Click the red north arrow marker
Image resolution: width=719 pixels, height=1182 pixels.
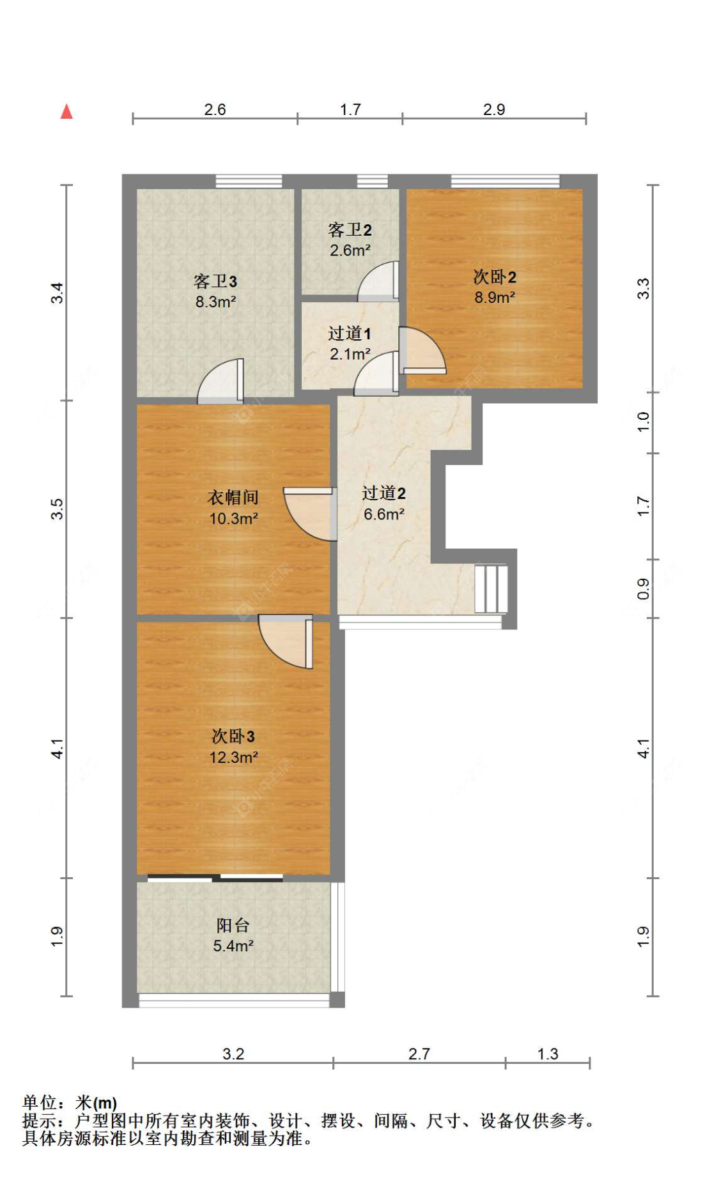click(x=66, y=112)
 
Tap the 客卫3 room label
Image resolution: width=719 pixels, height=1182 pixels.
click(x=215, y=281)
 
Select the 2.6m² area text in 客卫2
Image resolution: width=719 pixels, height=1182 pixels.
click(x=350, y=250)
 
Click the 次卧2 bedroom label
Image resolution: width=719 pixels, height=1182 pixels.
click(x=494, y=277)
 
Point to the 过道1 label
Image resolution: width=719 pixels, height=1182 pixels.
click(x=349, y=333)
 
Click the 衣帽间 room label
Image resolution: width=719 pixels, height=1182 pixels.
click(x=233, y=497)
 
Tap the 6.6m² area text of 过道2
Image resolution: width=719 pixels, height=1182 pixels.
click(x=383, y=514)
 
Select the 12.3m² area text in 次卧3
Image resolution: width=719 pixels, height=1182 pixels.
click(x=233, y=757)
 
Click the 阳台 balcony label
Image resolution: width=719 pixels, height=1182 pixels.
click(x=233, y=925)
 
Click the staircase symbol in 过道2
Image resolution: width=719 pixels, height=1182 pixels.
click(x=491, y=588)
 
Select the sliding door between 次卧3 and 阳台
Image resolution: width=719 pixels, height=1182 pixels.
click(x=215, y=878)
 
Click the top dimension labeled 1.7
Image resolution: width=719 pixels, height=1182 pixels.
click(x=350, y=109)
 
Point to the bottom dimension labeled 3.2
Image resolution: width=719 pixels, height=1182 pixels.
click(x=233, y=1054)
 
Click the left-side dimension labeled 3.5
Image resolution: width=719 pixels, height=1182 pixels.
click(x=57, y=509)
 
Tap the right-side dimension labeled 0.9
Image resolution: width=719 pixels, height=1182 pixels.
click(x=643, y=588)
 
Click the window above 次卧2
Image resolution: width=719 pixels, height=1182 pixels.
click(x=505, y=181)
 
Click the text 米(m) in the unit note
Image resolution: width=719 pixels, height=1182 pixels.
click(x=97, y=1103)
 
